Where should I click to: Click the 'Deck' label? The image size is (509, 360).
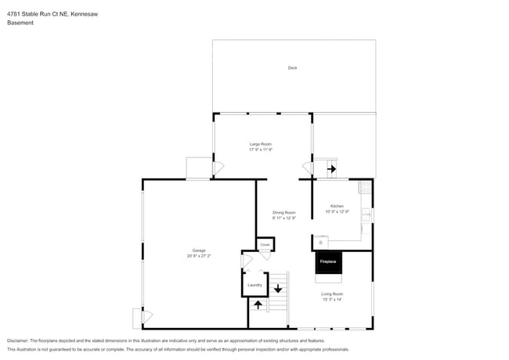click(x=292, y=68)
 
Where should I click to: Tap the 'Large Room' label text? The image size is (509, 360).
click(x=260, y=144)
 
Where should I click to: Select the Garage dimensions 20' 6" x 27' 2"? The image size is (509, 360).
click(x=198, y=256)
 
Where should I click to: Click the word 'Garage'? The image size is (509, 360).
click(x=198, y=250)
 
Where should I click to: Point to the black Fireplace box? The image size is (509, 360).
click(x=327, y=262)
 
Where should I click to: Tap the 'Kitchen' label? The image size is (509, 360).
click(x=336, y=206)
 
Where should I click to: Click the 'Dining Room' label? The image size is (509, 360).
click(x=283, y=213)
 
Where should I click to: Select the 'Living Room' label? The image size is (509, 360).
click(x=332, y=294)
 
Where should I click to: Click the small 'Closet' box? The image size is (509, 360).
click(x=265, y=245)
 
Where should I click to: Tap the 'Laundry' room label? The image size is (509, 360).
click(x=254, y=285)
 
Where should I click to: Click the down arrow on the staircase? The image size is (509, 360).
click(x=277, y=288)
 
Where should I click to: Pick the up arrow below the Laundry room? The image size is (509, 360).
click(x=258, y=305)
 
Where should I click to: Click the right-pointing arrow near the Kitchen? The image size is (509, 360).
click(x=331, y=168)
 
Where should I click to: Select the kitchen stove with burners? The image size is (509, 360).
click(x=364, y=188)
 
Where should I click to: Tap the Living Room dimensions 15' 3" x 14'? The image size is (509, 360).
click(x=332, y=300)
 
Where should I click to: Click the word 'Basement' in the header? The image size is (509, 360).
click(x=20, y=23)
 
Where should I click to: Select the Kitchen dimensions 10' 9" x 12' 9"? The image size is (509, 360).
click(x=336, y=211)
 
